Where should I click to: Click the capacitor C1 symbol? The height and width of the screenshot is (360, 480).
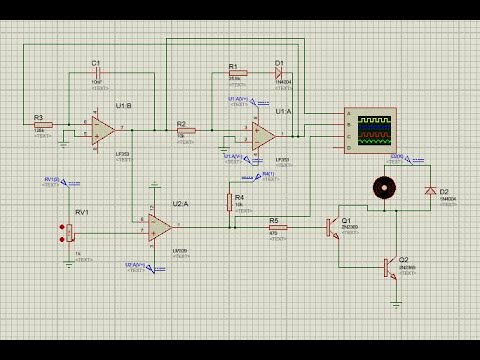pos(98,76)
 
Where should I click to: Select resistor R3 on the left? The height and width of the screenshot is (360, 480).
pos(42,125)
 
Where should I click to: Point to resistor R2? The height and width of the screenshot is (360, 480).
pos(188,131)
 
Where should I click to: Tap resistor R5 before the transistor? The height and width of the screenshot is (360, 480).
pos(279,228)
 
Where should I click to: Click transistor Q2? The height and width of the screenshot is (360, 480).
pos(390,266)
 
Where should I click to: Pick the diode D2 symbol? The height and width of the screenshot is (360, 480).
pos(430,190)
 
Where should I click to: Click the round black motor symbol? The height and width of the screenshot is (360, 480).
pos(380,187)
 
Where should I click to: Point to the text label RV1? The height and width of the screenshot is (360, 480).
pos(82,213)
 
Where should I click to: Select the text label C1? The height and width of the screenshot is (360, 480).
pos(96,63)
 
